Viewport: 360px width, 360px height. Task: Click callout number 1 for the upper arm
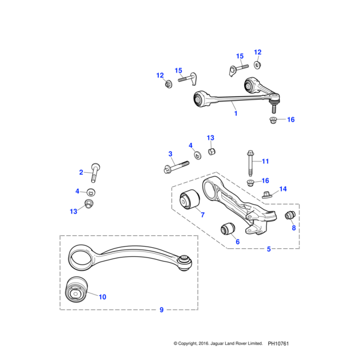click(235, 113)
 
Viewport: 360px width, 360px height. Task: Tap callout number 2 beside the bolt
click(81, 172)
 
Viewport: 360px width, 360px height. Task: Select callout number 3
click(170, 154)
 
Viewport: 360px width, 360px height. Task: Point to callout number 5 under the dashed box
click(268, 248)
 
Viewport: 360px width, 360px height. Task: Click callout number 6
click(237, 241)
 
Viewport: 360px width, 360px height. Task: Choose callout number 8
click(293, 228)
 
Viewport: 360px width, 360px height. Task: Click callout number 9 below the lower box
click(161, 310)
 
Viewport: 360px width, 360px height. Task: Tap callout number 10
click(102, 296)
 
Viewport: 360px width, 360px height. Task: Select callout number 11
click(265, 161)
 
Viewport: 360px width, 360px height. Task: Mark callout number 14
click(283, 189)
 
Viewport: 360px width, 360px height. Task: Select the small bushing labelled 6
click(227, 229)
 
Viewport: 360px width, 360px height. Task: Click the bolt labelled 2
click(95, 172)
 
